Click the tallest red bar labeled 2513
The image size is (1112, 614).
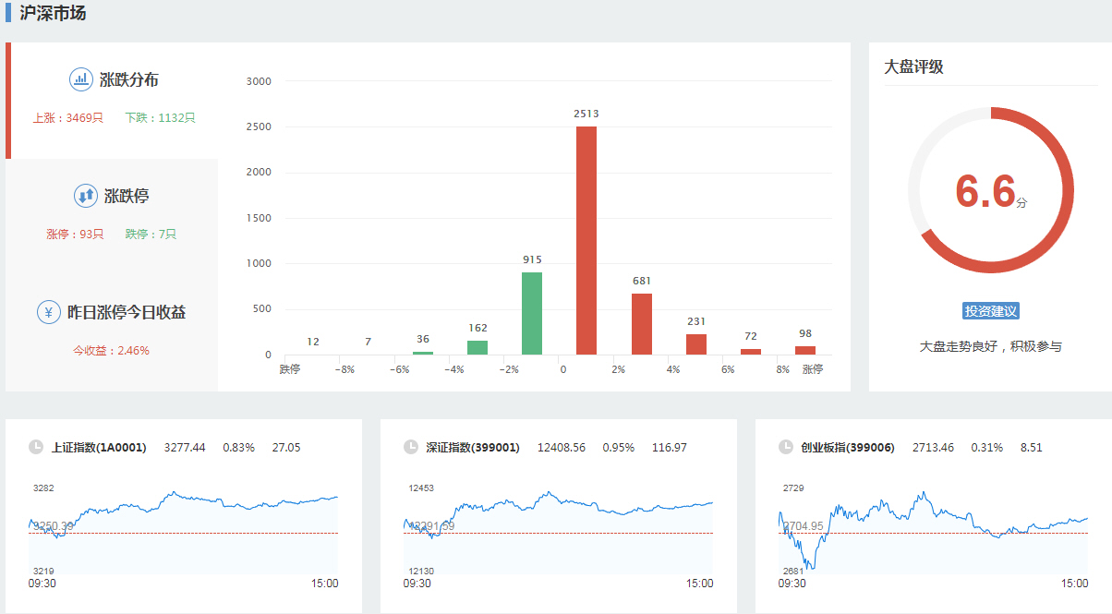(586, 240)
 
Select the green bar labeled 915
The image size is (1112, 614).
(532, 313)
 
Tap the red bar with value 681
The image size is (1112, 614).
(642, 324)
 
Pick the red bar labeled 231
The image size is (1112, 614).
(696, 344)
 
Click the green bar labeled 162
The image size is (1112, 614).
(477, 348)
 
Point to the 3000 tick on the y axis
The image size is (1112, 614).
(259, 81)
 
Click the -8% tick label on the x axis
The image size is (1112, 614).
(344, 369)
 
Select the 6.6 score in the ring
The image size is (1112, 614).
(985, 191)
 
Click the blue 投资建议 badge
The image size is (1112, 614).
(990, 311)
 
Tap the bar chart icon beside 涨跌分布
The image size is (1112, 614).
(81, 79)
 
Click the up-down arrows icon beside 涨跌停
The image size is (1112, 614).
(85, 196)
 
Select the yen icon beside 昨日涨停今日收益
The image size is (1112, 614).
(49, 312)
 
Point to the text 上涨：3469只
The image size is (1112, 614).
(67, 118)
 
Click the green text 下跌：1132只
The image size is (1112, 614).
(160, 118)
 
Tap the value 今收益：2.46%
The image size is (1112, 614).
(111, 351)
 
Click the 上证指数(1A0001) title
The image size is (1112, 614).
(99, 448)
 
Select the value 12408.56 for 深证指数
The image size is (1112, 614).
(560, 448)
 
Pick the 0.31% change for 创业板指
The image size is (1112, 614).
(986, 448)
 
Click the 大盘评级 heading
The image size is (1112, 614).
(913, 67)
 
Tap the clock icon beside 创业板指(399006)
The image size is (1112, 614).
(786, 448)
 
